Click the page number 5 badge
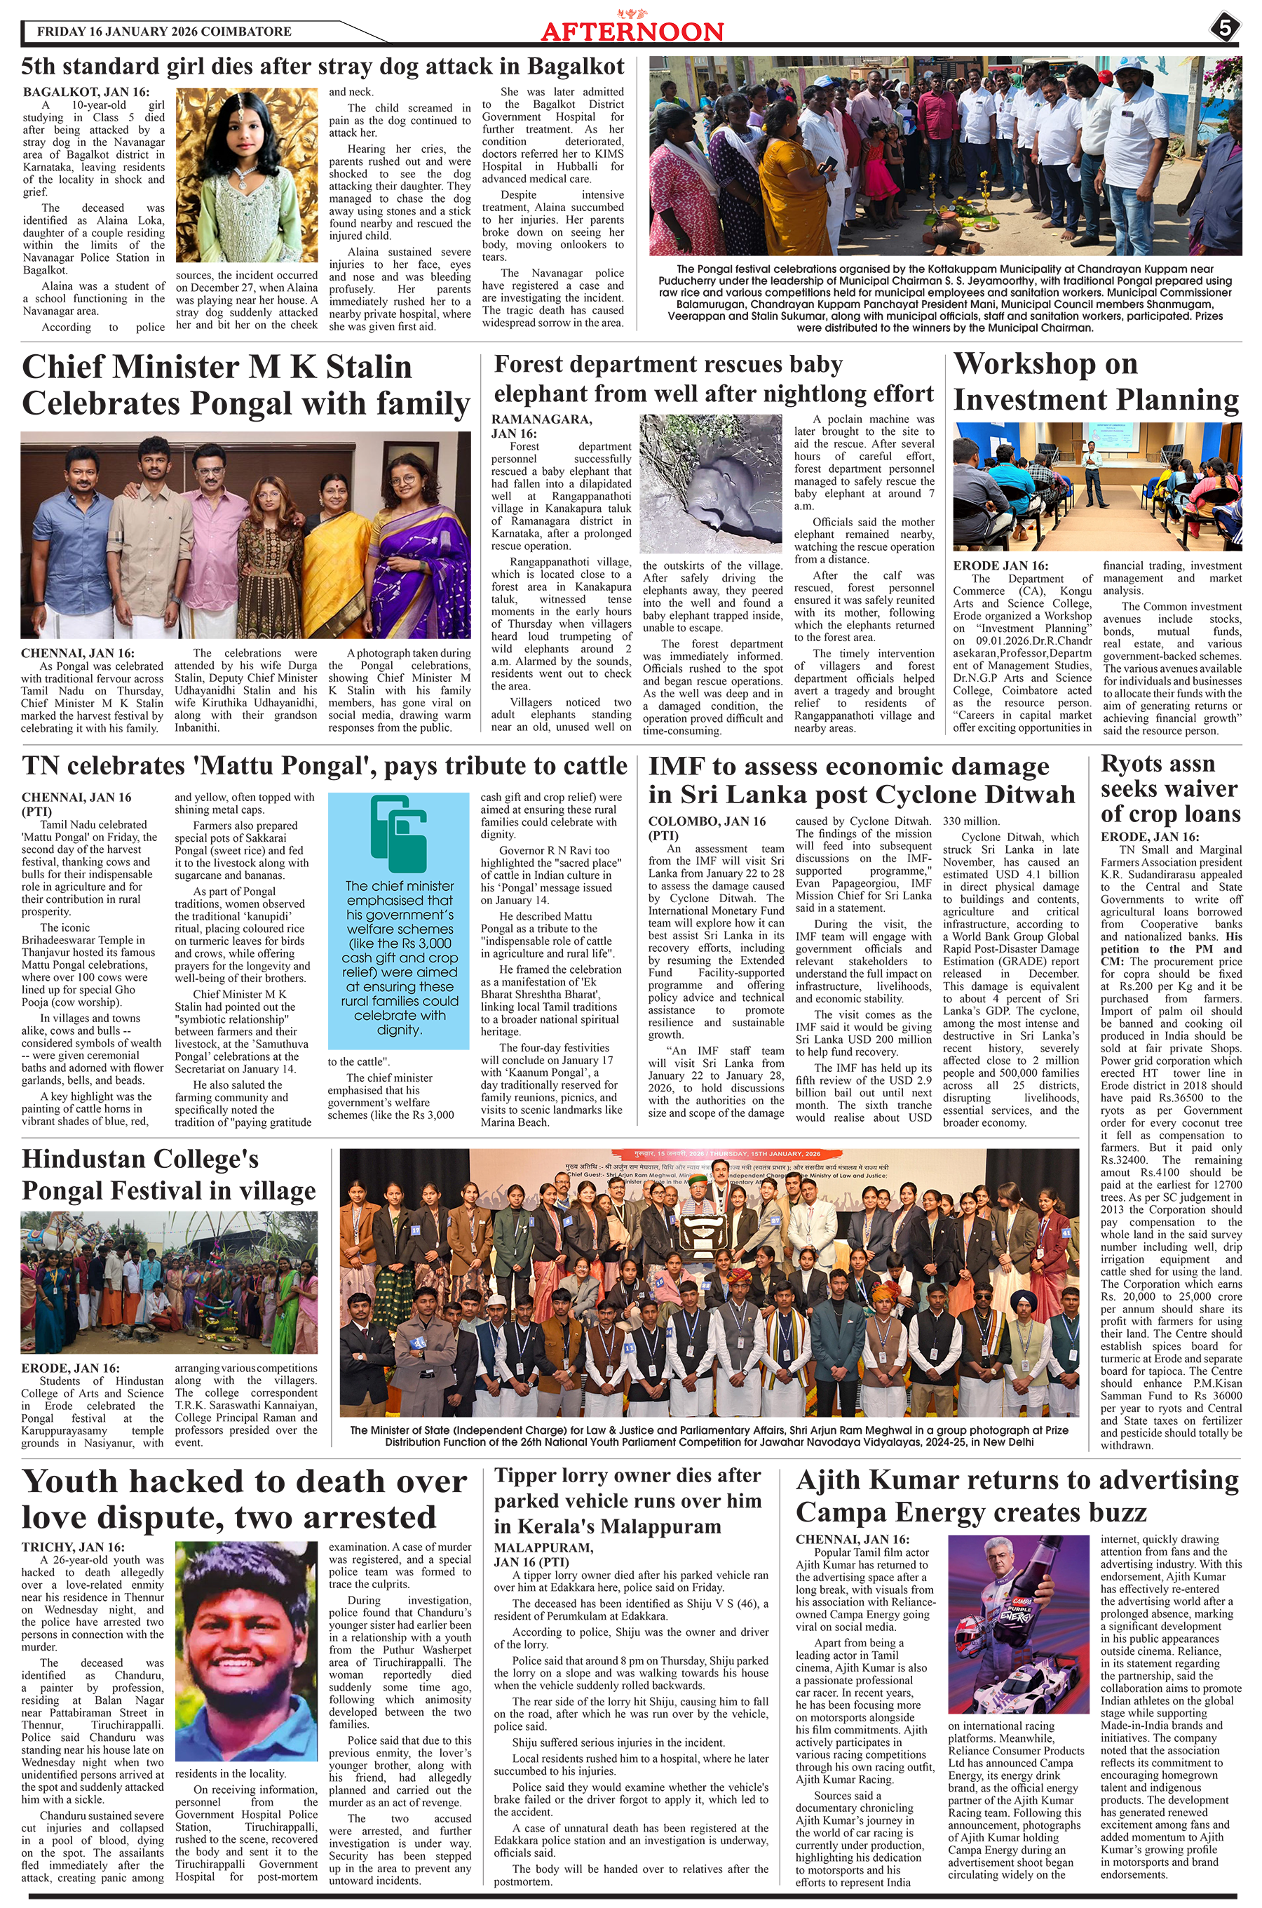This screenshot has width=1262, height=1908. tap(1224, 28)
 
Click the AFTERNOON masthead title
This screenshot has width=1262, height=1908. tap(632, 32)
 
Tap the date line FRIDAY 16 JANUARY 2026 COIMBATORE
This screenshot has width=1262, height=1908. tap(163, 32)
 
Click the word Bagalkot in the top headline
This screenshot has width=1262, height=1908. tap(576, 66)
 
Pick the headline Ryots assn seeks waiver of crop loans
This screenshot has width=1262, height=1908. tap(1169, 788)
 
